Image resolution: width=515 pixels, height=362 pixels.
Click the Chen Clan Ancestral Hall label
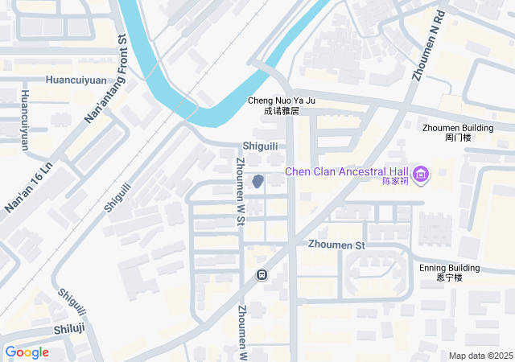[348, 171]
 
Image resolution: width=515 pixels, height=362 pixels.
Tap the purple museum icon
[420, 174]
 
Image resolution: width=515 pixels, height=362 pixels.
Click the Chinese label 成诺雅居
[281, 111]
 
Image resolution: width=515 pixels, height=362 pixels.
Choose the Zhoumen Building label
[458, 128]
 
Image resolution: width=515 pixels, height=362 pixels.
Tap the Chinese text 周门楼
[458, 138]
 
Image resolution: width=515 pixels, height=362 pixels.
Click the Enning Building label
[449, 268]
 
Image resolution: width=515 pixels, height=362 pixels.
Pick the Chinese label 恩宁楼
[449, 278]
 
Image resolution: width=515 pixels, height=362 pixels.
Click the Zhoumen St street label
[336, 244]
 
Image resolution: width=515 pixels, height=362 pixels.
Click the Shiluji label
[69, 328]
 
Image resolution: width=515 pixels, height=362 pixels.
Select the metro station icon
[262, 275]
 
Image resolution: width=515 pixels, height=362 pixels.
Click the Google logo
[27, 352]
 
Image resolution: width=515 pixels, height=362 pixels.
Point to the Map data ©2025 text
[480, 356]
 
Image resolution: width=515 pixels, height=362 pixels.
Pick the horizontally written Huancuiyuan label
[76, 80]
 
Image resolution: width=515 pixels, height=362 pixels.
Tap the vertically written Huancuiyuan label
[24, 121]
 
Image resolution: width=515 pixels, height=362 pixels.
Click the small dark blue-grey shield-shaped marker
[257, 182]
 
